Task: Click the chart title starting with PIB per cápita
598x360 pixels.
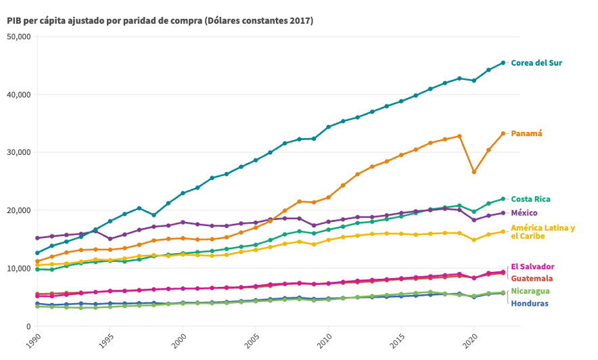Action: click(160, 20)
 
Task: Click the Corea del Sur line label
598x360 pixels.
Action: click(536, 63)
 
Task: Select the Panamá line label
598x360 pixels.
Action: click(526, 133)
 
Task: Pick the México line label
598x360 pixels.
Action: click(524, 213)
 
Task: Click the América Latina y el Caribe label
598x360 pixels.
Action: click(543, 232)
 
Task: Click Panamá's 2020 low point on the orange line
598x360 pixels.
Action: click(474, 172)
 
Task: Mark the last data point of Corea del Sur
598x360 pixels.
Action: click(503, 63)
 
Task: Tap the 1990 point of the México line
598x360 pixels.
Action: click(37, 238)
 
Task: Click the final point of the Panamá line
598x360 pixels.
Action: click(503, 133)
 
